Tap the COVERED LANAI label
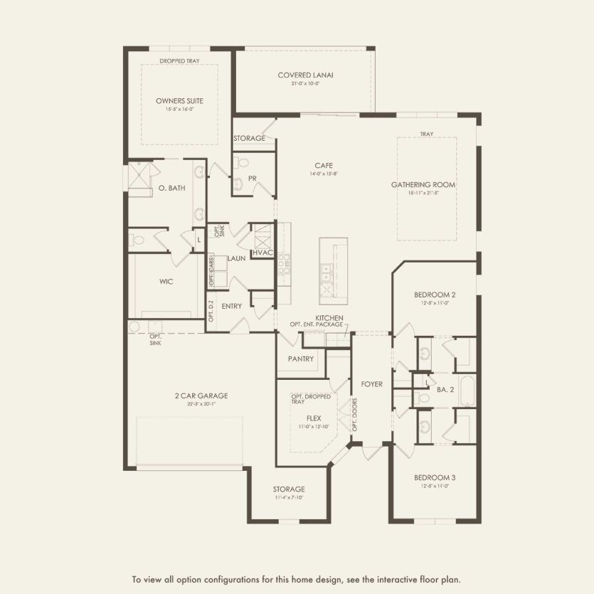(x=306, y=75)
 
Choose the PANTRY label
(x=301, y=359)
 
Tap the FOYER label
(x=371, y=384)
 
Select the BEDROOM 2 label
(x=434, y=295)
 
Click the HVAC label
(x=262, y=252)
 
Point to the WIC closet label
(x=166, y=281)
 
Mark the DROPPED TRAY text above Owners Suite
(x=179, y=62)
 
